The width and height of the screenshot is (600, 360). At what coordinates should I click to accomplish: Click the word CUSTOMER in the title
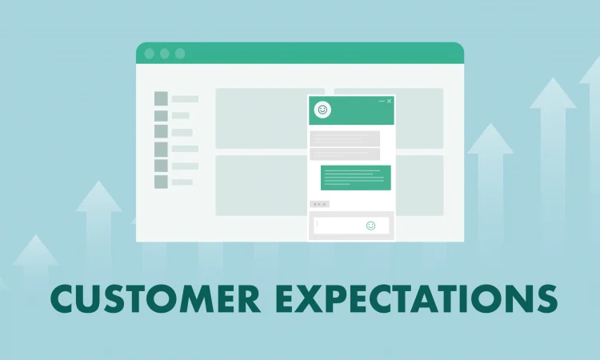[x=155, y=298]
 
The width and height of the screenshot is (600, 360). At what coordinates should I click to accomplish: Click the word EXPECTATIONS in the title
[x=417, y=298]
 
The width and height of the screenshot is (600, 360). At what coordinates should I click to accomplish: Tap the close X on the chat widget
[x=389, y=101]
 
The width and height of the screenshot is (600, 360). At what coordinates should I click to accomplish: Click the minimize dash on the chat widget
[x=382, y=101]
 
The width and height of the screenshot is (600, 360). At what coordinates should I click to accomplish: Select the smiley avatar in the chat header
[x=322, y=110]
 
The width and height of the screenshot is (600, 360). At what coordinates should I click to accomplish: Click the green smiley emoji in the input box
[x=370, y=226]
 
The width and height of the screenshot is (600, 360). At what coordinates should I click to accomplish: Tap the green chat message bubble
[x=356, y=178]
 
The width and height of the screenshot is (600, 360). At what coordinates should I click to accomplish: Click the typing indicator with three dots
[x=319, y=204]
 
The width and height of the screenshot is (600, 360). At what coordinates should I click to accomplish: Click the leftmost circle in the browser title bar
[x=150, y=54]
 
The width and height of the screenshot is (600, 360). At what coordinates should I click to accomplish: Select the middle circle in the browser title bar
[x=165, y=54]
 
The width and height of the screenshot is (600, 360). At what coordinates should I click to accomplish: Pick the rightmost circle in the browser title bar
[x=180, y=54]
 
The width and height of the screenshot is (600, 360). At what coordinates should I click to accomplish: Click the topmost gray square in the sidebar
[x=161, y=98]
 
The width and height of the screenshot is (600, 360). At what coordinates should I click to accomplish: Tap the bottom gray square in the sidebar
[x=161, y=182]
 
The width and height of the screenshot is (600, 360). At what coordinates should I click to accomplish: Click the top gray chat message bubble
[x=345, y=139]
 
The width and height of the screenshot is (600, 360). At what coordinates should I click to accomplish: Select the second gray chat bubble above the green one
[x=345, y=154]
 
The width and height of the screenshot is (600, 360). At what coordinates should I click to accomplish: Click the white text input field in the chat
[x=351, y=226]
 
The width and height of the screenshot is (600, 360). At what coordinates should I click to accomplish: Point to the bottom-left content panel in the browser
[x=262, y=186]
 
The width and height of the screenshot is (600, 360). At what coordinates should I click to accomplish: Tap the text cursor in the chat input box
[x=318, y=224]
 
